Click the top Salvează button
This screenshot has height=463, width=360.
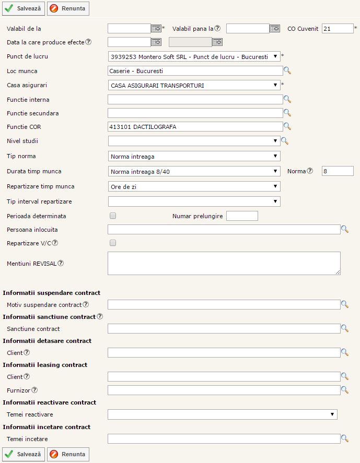tap(24, 8)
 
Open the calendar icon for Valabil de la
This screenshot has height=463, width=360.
tap(156, 28)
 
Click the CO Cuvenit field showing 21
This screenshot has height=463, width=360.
tap(338, 28)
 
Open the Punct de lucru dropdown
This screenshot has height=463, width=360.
tap(194, 56)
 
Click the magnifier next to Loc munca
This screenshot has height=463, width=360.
tap(287, 71)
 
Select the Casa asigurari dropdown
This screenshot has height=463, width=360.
tap(194, 85)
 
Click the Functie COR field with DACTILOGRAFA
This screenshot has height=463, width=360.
tap(195, 126)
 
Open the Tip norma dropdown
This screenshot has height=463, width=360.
tap(194, 156)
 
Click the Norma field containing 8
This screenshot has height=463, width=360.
tap(338, 171)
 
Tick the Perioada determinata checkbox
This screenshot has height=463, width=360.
tap(113, 215)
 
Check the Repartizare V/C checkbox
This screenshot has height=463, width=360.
tap(113, 243)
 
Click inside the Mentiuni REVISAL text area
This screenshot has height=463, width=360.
tap(224, 263)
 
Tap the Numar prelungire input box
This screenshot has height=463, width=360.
tap(242, 216)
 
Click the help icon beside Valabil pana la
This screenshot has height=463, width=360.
tap(217, 28)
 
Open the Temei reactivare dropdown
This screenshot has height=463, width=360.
tap(222, 414)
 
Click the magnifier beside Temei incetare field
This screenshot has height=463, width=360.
tap(344, 439)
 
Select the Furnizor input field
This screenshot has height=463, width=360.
tap(224, 390)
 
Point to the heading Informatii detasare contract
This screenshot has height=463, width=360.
tap(47, 341)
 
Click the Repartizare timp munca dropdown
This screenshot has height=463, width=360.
tap(194, 186)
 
